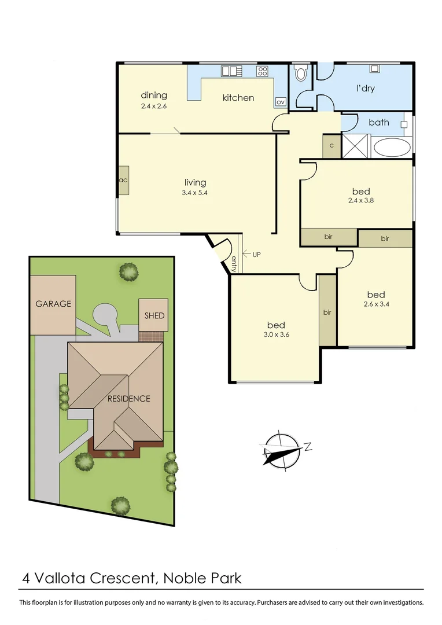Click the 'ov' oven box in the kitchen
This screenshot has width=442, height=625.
click(281, 101)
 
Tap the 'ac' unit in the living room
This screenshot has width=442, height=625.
click(123, 180)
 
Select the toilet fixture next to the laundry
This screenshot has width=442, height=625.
click(300, 74)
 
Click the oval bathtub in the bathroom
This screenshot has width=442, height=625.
click(392, 147)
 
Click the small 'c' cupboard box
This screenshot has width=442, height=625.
click(331, 145)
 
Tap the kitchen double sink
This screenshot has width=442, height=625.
click(230, 72)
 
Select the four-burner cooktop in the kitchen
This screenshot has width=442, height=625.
click(262, 72)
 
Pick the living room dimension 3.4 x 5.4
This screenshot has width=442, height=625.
click(196, 193)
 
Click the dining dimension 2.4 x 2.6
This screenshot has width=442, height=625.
click(154, 106)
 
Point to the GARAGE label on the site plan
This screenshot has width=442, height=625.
click(53, 303)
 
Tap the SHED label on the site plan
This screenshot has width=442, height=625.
click(154, 315)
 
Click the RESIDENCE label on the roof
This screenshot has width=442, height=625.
click(128, 398)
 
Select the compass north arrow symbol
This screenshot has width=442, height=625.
click(283, 449)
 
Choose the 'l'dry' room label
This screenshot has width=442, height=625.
click(365, 89)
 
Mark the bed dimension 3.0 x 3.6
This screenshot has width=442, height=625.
click(275, 334)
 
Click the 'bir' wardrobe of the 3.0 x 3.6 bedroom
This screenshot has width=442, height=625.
click(327, 312)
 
